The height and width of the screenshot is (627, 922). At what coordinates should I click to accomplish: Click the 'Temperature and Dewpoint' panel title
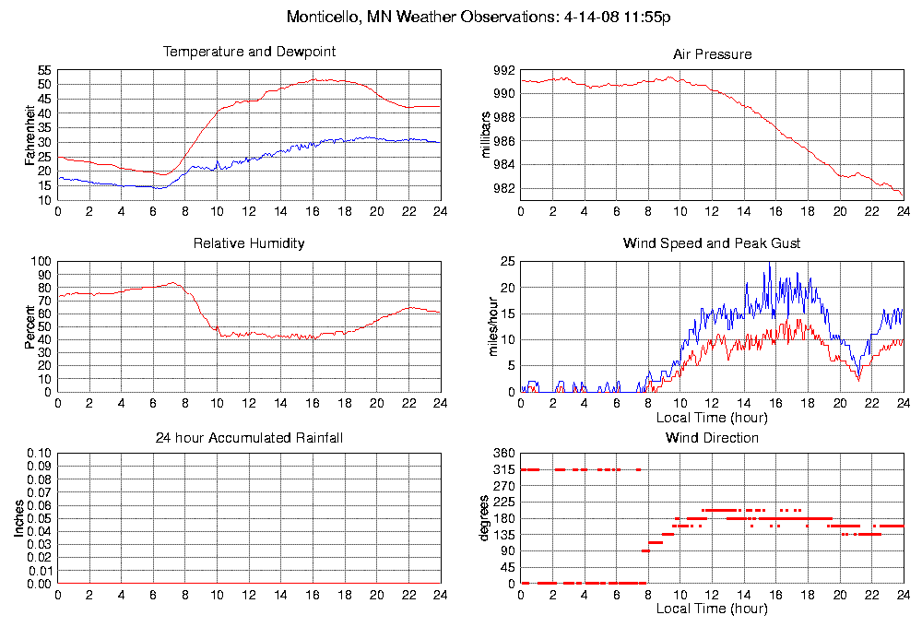(249, 52)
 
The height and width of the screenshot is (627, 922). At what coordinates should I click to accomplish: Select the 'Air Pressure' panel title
(712, 54)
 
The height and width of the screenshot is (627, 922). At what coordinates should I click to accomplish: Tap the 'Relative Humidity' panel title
(249, 243)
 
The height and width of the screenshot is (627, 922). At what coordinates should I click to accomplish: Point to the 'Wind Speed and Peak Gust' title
(712, 243)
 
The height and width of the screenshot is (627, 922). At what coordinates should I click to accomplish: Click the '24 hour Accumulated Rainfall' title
(249, 437)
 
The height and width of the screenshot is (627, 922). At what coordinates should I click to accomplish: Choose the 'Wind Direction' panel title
(712, 437)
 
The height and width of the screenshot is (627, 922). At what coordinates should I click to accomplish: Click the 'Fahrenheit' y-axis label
(30, 135)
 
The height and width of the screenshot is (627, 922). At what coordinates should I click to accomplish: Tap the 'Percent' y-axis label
(30, 326)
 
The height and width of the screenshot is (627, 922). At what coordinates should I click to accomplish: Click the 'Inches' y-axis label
(18, 519)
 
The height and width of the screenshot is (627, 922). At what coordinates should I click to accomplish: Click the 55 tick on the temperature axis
(44, 70)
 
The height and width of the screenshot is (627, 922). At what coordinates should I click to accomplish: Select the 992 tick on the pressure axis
(504, 70)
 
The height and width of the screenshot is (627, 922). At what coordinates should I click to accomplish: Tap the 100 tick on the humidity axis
(41, 262)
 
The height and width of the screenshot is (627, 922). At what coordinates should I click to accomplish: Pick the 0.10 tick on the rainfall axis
(39, 455)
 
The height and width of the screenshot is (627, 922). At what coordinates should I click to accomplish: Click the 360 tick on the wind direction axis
(502, 455)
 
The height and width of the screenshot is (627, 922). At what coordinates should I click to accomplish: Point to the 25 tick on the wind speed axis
(507, 262)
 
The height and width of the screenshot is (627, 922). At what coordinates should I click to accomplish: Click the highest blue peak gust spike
(769, 265)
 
